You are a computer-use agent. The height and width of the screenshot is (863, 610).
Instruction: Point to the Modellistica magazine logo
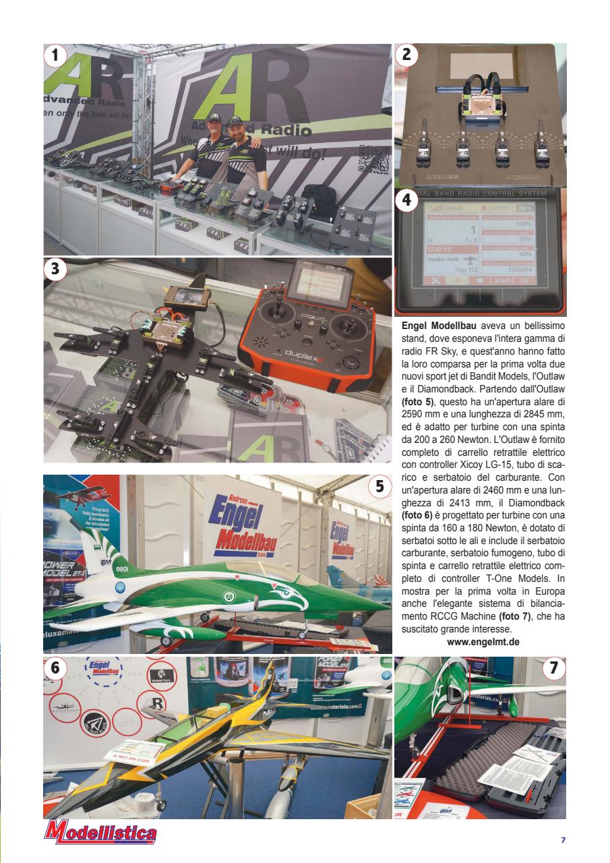point(100,834)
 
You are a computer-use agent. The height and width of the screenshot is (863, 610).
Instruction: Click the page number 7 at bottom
point(563,840)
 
